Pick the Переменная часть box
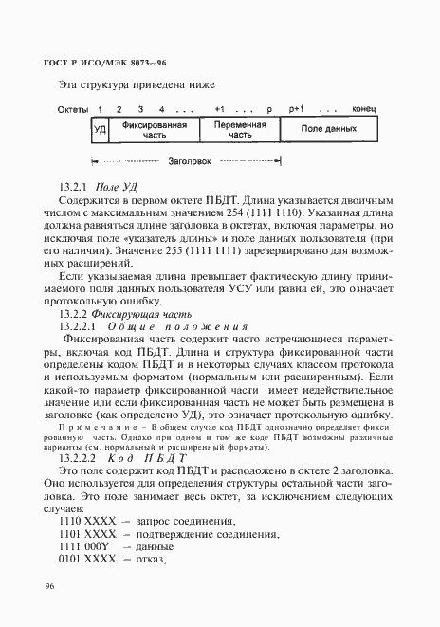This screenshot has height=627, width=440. tap(232, 129)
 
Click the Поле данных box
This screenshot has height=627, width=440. tap(327, 129)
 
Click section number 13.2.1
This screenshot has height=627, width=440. tap(75, 188)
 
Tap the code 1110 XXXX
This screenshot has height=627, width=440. tap(83, 520)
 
